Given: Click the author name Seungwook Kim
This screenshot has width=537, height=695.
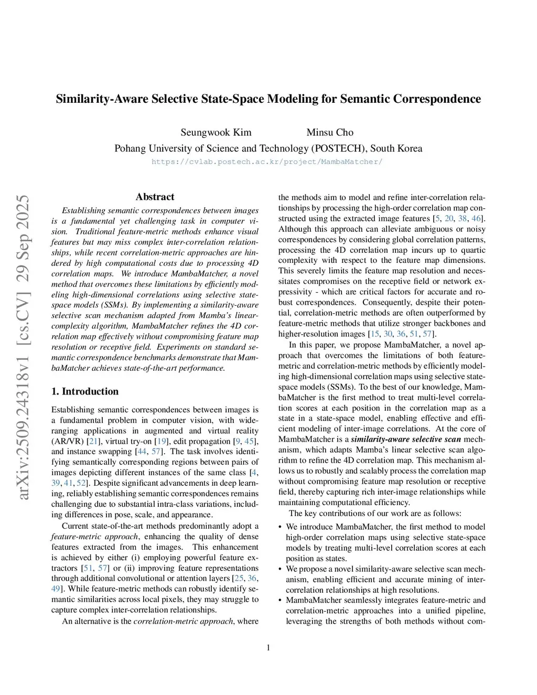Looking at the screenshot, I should click(216, 132).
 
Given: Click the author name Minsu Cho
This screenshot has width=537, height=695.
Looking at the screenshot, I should click(330, 132).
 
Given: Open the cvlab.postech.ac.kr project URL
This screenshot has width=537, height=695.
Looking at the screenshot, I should click(267, 162).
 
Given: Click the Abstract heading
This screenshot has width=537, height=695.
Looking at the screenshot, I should click(155, 197).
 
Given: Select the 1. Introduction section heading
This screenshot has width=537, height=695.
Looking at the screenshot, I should click(85, 391).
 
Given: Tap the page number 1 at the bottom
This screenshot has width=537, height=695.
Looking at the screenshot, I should click(268, 647).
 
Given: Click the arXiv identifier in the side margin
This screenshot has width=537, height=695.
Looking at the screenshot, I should click(24, 347).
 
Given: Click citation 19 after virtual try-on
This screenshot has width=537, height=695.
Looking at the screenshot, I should click(162, 441).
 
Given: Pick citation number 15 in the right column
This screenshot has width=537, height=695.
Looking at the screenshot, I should click(374, 334).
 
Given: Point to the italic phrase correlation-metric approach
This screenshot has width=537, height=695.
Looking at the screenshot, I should click(183, 621).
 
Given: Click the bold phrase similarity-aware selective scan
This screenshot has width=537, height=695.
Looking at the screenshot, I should click(406, 439).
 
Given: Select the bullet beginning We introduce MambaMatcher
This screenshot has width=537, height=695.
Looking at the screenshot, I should click(385, 527).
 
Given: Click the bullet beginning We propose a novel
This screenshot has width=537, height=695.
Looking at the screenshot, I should click(385, 569).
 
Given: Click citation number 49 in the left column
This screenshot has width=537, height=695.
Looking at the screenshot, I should click(56, 589).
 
